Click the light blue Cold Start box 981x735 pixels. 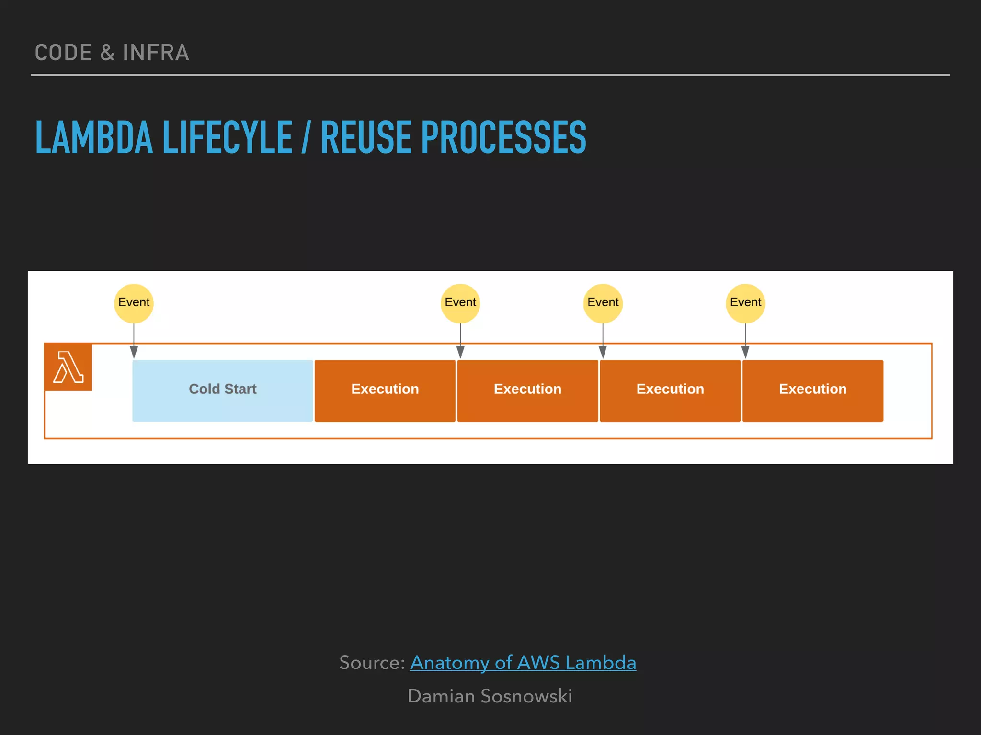pos(223,390)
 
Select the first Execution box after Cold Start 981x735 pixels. pos(385,390)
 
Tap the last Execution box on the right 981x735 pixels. pos(812,390)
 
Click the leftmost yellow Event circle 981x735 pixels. pos(134,303)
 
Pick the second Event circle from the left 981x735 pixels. pos(460,303)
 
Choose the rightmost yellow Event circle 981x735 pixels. pos(745,303)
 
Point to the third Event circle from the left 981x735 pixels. pos(603,303)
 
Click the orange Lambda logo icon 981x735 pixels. pos(68,367)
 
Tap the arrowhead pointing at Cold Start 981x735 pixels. pos(134,353)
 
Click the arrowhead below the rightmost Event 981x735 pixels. pos(745,353)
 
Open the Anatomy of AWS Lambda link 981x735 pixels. pos(523,663)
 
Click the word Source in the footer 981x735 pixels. pos(371,663)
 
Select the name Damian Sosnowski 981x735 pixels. pos(490,696)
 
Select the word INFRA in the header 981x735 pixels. pos(156,53)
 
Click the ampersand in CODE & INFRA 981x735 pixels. pos(107,53)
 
